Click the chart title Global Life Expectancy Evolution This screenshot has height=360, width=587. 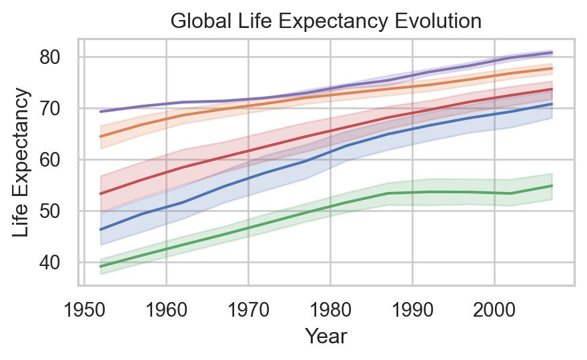tap(326, 21)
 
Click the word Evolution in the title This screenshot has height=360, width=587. tap(442, 21)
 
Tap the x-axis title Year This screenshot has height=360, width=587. tap(326, 337)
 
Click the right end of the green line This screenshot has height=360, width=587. tap(552, 185)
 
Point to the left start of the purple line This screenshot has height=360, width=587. tap(101, 111)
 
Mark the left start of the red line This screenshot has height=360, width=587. tap(101, 193)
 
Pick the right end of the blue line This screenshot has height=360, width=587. tap(552, 104)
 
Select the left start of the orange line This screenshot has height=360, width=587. tap(101, 136)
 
